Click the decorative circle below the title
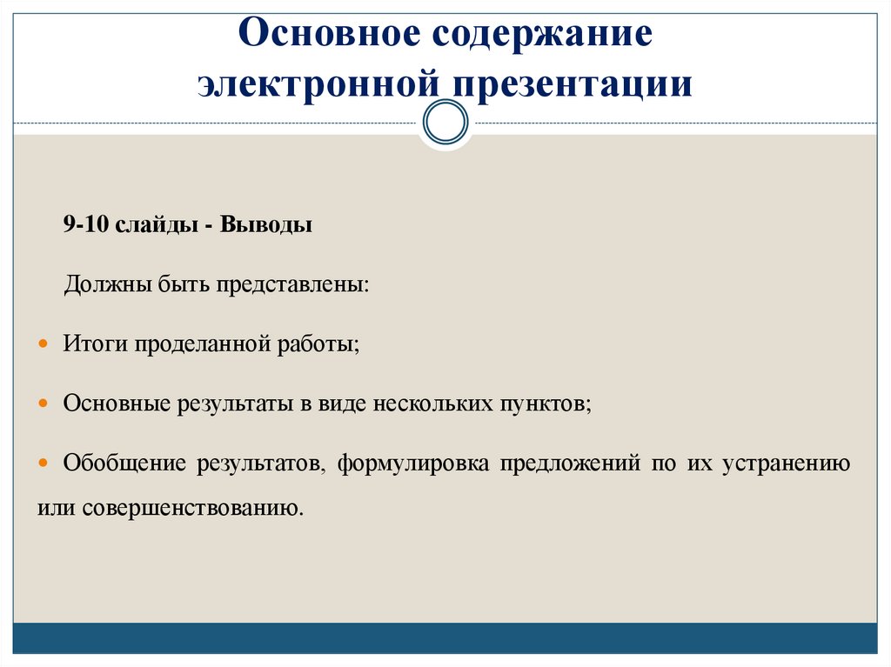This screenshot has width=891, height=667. tap(445, 123)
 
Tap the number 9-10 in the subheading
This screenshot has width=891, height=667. tap(84, 225)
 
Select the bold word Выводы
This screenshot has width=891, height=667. tap(266, 225)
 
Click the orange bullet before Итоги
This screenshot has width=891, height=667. tap(45, 344)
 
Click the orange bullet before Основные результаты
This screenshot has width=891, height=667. tap(45, 404)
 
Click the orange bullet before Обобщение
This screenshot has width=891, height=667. tap(45, 464)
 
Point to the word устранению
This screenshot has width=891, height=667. tap(785, 464)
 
